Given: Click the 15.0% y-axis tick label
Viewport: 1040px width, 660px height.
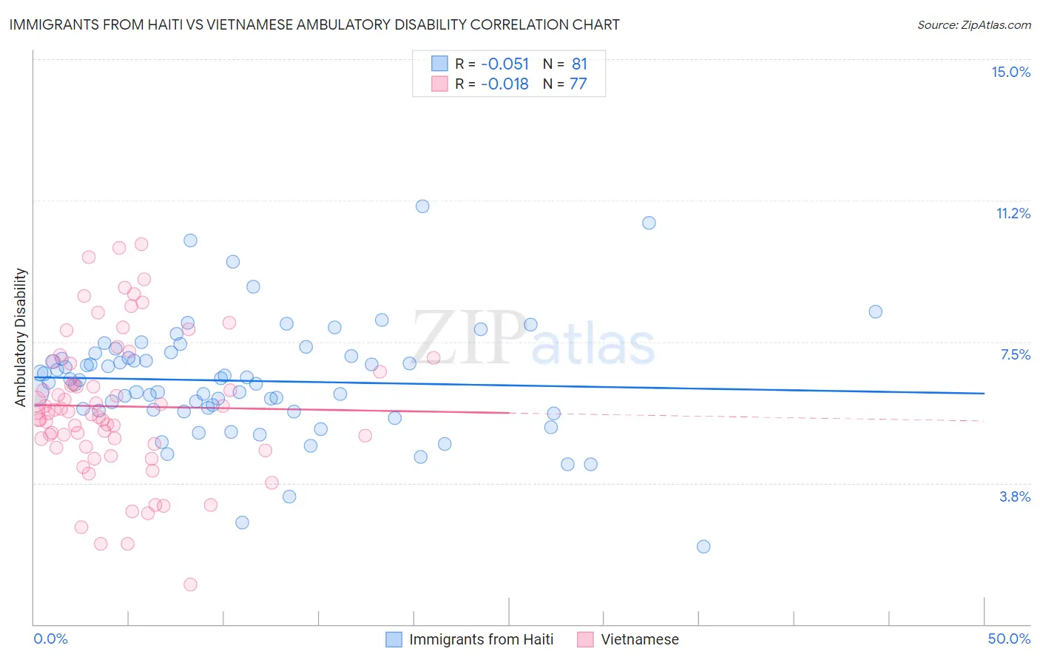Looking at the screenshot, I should (x=1010, y=72).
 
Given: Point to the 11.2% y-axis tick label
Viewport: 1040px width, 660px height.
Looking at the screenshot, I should (x=1013, y=213).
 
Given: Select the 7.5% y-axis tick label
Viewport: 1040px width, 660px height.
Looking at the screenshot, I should (x=1015, y=354).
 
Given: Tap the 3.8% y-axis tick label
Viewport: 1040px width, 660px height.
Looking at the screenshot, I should (x=1015, y=496).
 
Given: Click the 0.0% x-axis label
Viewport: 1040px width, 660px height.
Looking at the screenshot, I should (x=50, y=639).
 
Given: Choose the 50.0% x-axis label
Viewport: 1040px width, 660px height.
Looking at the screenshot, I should (x=1009, y=639).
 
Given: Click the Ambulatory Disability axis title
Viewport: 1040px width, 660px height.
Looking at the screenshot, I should (x=21, y=337).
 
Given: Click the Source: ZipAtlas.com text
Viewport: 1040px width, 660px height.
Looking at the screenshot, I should (x=973, y=24).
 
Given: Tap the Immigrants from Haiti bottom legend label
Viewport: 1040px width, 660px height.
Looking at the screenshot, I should (x=481, y=639).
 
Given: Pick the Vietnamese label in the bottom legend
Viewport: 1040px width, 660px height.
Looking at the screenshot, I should (x=639, y=639).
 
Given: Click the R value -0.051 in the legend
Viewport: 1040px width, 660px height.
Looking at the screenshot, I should (x=504, y=64).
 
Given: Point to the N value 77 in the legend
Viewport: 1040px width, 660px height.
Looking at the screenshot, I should (x=578, y=84).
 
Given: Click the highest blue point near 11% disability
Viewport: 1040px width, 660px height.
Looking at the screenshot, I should (x=422, y=206).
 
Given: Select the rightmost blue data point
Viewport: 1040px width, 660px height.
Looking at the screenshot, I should (x=875, y=312).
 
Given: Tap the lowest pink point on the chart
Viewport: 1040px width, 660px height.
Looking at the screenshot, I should (x=190, y=585).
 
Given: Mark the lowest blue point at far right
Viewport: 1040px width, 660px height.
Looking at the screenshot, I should (x=703, y=547).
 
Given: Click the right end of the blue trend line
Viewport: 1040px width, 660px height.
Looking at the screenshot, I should (x=984, y=393).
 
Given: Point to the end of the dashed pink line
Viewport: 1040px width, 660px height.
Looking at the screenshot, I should (x=984, y=420).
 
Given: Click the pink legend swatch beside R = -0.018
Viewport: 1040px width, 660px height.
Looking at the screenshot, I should (x=439, y=84).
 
